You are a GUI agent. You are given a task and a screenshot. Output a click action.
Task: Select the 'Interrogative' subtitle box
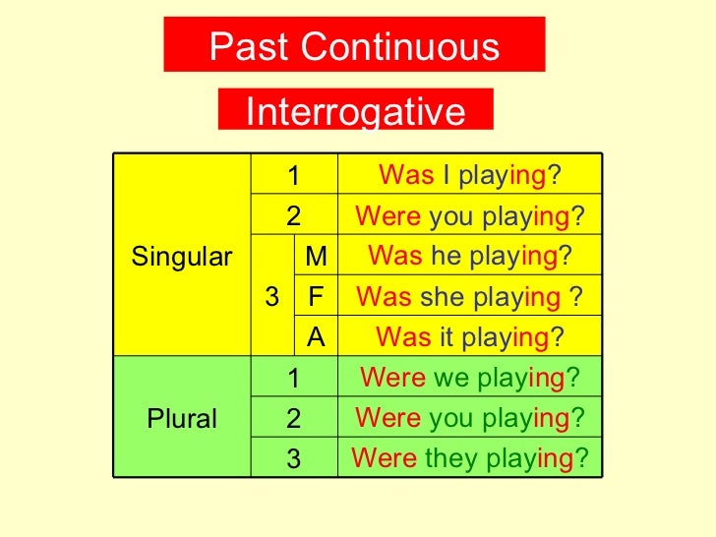(355, 111)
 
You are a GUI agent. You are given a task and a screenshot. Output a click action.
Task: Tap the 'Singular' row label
(181, 258)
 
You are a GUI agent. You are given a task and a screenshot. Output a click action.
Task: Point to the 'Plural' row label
(181, 419)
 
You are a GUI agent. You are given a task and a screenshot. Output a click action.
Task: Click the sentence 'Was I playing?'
(470, 176)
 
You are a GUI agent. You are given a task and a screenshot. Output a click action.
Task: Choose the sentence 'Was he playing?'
(470, 257)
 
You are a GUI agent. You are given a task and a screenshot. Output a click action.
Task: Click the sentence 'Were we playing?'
(470, 379)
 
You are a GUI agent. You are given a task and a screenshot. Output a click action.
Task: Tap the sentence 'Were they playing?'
(470, 458)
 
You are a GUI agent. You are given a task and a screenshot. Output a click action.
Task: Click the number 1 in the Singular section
(293, 177)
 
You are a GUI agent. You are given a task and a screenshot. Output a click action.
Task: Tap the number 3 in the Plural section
(293, 459)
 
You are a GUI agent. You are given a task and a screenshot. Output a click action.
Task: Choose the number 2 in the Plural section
(293, 419)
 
